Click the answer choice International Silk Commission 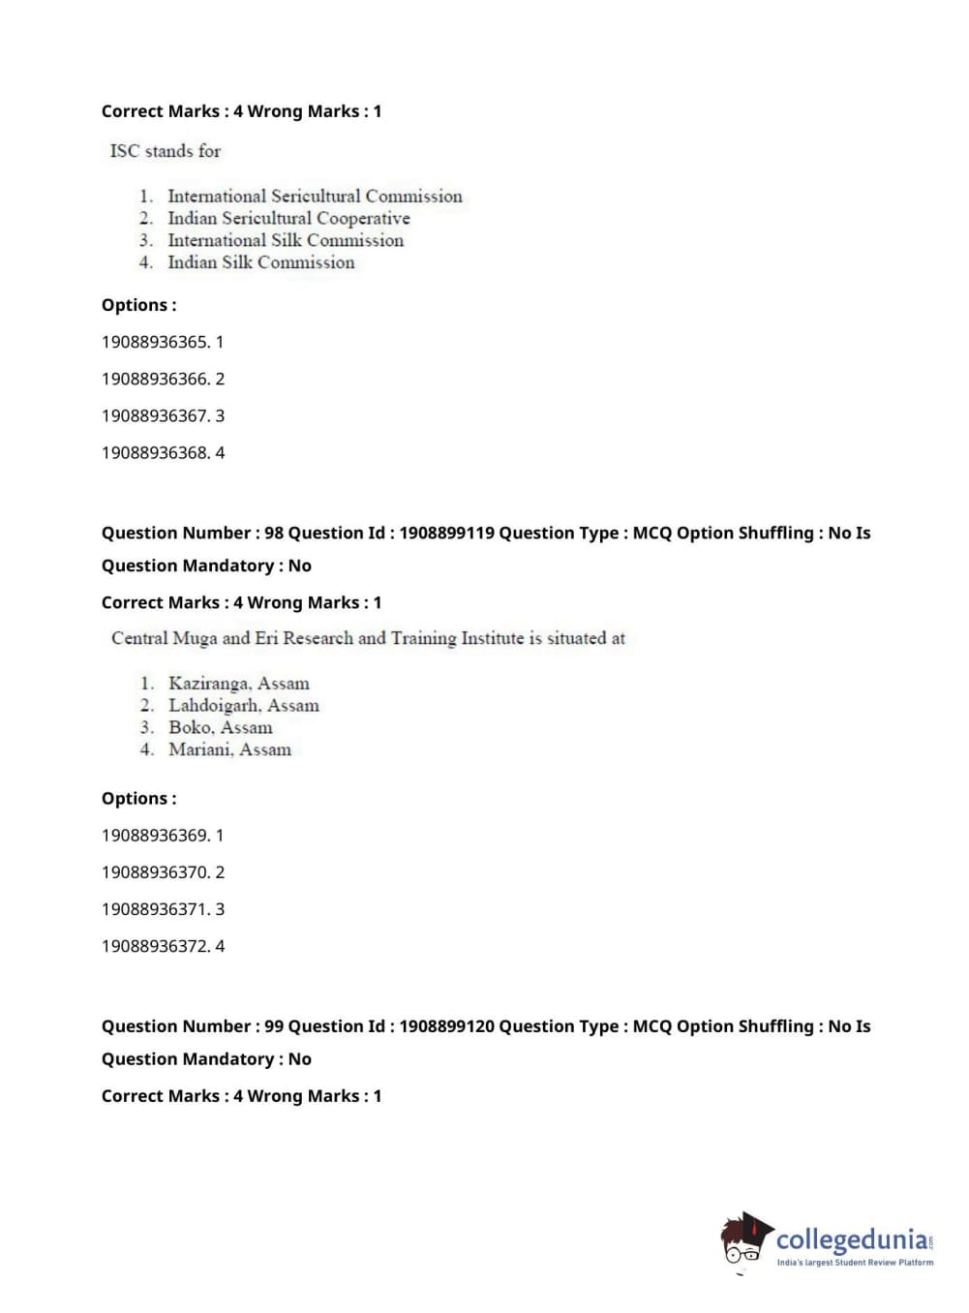click(285, 240)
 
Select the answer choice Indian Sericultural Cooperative click(288, 218)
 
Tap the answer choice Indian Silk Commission click(260, 262)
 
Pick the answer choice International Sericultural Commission click(315, 196)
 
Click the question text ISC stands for click(166, 151)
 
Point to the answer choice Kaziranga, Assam click(238, 684)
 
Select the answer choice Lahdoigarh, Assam click(243, 706)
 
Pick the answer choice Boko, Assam click(220, 727)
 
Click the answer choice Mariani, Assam click(229, 749)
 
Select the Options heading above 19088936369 click(138, 799)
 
